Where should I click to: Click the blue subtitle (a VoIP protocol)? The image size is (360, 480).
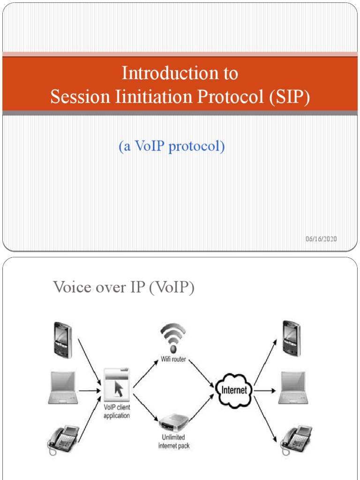tap(172, 147)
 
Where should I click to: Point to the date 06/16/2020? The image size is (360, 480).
tap(321, 239)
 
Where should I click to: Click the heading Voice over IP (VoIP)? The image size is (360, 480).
tap(124, 287)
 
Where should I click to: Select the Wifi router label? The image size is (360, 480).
tap(174, 360)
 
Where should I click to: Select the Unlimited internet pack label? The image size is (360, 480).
tap(174, 442)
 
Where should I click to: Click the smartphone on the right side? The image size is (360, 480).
tap(292, 338)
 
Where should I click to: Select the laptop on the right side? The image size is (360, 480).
tap(293, 388)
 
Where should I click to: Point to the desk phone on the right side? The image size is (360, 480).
tap(296, 438)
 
